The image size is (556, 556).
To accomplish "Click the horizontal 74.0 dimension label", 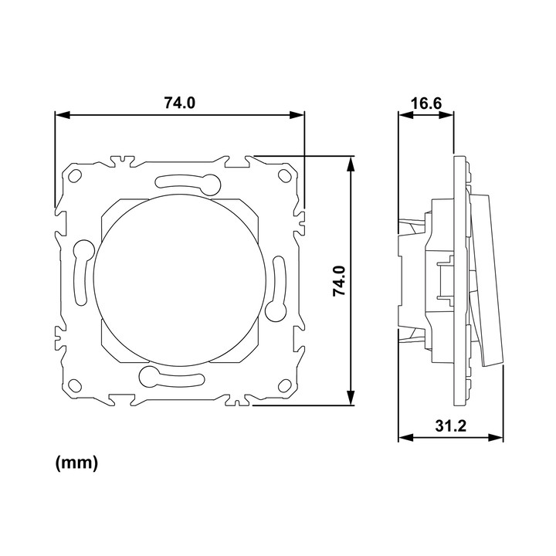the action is [179, 103].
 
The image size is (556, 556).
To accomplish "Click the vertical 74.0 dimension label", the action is [339, 281].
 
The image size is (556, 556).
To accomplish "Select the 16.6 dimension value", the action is [426, 103].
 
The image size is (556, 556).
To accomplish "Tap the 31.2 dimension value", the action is [451, 425].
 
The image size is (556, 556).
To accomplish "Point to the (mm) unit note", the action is [76, 463].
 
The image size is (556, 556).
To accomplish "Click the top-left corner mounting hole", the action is [75, 175].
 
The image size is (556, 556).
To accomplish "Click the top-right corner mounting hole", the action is [284, 175].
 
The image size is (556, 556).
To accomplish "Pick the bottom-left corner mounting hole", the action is [75, 385].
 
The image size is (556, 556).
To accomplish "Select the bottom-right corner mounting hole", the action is [284, 385].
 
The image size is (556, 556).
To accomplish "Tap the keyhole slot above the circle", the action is [188, 182].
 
